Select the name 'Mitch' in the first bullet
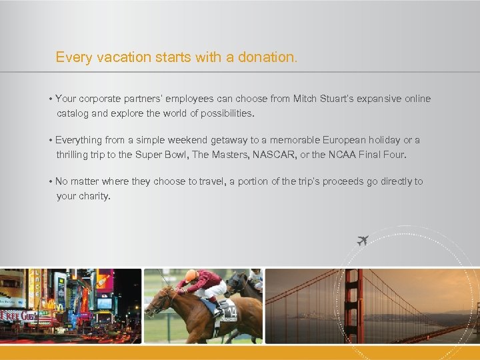click(x=305, y=99)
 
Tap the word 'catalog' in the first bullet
click(x=73, y=113)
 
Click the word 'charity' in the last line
click(x=93, y=196)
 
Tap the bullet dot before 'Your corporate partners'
click(x=51, y=99)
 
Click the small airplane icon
click(x=363, y=240)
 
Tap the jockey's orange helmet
click(x=191, y=275)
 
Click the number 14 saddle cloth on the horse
click(x=228, y=311)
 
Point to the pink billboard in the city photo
click(x=105, y=279)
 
